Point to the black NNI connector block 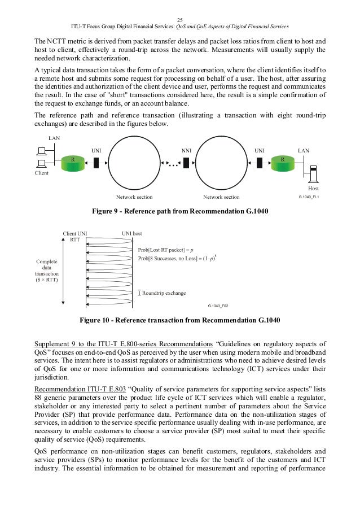179,163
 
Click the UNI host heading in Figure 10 132,233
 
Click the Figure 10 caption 180,321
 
